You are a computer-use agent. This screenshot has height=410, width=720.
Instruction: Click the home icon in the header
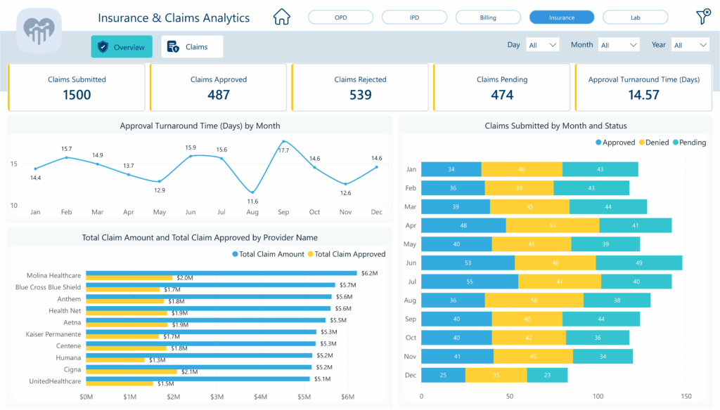pyautogui.click(x=281, y=16)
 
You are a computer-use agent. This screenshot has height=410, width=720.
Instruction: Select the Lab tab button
pyautogui.click(x=635, y=18)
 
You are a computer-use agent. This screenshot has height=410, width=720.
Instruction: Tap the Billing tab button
pyautogui.click(x=488, y=18)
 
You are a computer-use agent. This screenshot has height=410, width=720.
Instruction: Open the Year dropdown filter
pyautogui.click(x=690, y=45)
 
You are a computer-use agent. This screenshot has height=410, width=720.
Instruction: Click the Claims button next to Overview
pyautogui.click(x=192, y=47)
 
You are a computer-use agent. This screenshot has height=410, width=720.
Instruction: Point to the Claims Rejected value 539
pyautogui.click(x=360, y=95)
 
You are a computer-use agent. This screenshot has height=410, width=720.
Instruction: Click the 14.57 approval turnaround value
pyautogui.click(x=643, y=95)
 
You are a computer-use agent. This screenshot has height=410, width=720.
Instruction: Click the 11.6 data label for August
pyautogui.click(x=252, y=202)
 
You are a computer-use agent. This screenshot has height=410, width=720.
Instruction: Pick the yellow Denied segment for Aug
pyautogui.click(x=534, y=300)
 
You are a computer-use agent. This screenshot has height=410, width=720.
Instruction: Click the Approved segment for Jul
pyautogui.click(x=469, y=282)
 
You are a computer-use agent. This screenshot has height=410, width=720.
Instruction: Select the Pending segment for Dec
pyautogui.click(x=546, y=376)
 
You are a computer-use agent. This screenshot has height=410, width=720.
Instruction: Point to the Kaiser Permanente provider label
pyautogui.click(x=53, y=334)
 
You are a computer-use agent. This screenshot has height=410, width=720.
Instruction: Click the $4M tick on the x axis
pyautogui.click(x=260, y=397)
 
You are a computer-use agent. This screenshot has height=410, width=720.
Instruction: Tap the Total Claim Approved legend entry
pyautogui.click(x=349, y=254)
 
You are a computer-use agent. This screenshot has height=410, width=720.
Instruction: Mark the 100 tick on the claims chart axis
pyautogui.click(x=598, y=397)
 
